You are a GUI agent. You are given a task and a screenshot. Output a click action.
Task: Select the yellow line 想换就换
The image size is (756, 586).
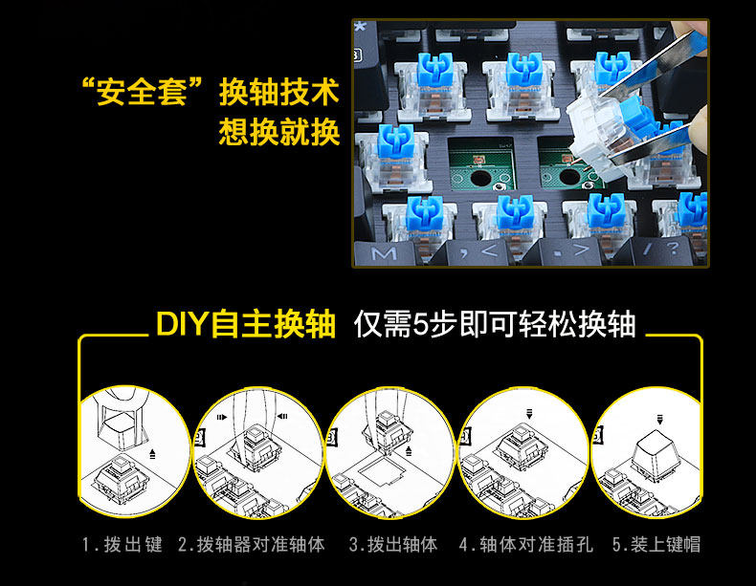(x=279, y=132)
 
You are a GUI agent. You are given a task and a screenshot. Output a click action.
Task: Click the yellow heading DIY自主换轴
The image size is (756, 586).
(x=246, y=325)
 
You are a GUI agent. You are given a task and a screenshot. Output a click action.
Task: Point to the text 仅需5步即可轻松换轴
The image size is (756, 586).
(x=495, y=325)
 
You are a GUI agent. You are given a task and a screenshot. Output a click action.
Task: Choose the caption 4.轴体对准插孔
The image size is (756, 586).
(x=525, y=545)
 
